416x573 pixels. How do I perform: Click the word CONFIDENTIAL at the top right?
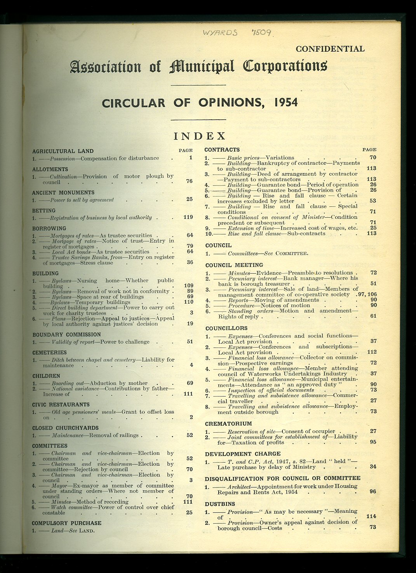click(x=330, y=49)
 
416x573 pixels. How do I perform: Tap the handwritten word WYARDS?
click(x=220, y=33)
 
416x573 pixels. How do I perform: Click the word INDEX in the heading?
click(x=200, y=136)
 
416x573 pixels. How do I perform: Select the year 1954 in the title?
click(x=285, y=102)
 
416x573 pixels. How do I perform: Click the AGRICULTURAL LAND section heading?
click(x=63, y=151)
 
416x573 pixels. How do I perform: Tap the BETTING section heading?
click(x=44, y=210)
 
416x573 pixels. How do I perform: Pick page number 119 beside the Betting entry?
click(x=188, y=217)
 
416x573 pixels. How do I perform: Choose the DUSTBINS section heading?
click(x=220, y=504)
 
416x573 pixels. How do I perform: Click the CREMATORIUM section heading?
click(x=228, y=423)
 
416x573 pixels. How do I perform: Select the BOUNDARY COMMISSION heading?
click(x=66, y=334)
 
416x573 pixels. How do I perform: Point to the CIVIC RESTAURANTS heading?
click(x=61, y=404)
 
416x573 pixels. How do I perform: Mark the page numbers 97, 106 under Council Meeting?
click(x=367, y=294)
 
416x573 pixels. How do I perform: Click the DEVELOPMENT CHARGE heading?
click(x=243, y=454)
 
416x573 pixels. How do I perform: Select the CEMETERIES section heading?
click(x=49, y=352)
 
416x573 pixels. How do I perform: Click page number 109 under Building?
click(x=188, y=285)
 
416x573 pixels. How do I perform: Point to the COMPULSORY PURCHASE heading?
click(x=66, y=523)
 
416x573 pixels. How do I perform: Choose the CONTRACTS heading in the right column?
click(x=222, y=150)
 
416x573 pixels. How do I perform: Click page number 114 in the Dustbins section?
click(x=371, y=516)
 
